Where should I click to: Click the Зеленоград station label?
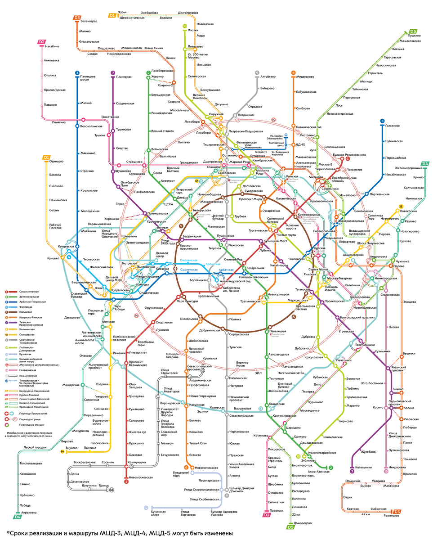(x=89, y=21)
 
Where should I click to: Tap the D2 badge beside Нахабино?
(x=42, y=42)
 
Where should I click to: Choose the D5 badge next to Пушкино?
(x=412, y=31)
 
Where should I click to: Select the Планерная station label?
(x=123, y=77)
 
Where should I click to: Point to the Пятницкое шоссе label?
(x=87, y=79)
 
